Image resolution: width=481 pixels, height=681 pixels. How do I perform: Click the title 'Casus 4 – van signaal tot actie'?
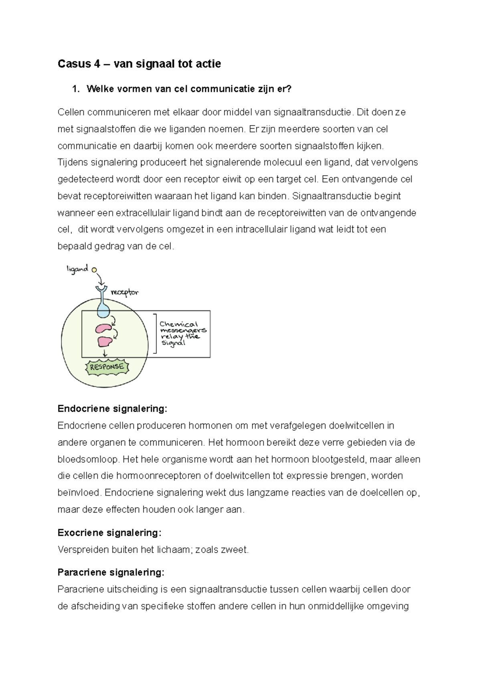coord(139,64)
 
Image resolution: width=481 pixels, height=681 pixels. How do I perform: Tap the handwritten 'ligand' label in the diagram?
coord(77,269)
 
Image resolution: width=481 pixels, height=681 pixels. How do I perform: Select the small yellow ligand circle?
coord(94,270)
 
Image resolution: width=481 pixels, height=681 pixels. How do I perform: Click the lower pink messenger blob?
coord(105,341)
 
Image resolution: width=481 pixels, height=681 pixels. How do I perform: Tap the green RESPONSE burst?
coord(107,367)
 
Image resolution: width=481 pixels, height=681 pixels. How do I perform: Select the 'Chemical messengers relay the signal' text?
coord(182,333)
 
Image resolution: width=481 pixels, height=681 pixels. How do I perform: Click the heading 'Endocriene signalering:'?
coord(112,409)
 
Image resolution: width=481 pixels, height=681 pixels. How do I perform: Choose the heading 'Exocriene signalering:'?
coord(109,533)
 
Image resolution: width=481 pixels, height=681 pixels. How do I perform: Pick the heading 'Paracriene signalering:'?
coord(111,572)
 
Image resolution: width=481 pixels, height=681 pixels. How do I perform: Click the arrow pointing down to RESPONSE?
coord(105,353)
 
